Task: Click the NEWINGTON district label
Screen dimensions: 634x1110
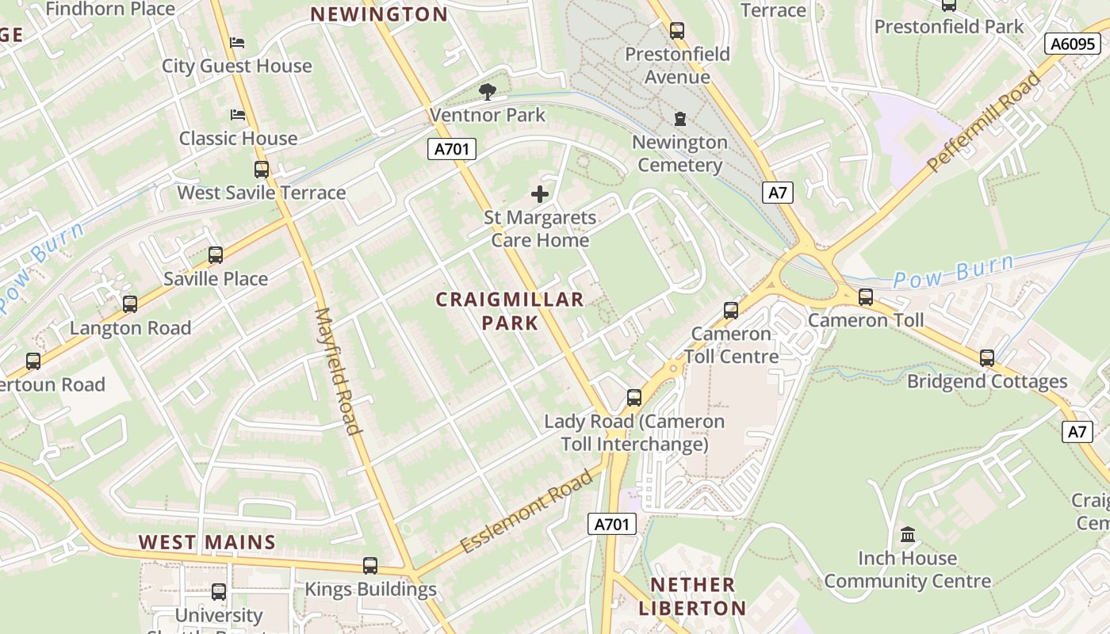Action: (x=379, y=14)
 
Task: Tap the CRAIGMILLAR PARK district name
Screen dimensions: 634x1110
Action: (x=510, y=311)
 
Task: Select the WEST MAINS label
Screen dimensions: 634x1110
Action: (x=207, y=543)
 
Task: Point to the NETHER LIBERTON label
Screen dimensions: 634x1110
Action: (x=692, y=597)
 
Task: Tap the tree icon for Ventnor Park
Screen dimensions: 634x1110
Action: (x=488, y=92)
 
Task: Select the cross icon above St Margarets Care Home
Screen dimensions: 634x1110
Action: (x=540, y=193)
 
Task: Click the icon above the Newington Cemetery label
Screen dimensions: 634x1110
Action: (x=679, y=119)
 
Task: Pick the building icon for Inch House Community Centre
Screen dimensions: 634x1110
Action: (x=908, y=534)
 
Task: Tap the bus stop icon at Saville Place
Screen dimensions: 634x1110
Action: (x=216, y=255)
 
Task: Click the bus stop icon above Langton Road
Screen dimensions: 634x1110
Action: (x=130, y=304)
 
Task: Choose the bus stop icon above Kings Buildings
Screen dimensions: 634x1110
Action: (x=370, y=566)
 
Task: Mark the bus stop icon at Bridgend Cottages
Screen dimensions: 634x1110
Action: (x=987, y=358)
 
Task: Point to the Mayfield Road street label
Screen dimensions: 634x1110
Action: (x=339, y=371)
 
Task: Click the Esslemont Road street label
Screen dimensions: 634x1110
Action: (x=526, y=510)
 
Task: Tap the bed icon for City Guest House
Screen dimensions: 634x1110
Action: (x=237, y=42)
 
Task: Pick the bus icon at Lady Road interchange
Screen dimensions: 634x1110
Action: (x=634, y=398)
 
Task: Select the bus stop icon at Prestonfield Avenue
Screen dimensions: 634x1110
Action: (x=677, y=31)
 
